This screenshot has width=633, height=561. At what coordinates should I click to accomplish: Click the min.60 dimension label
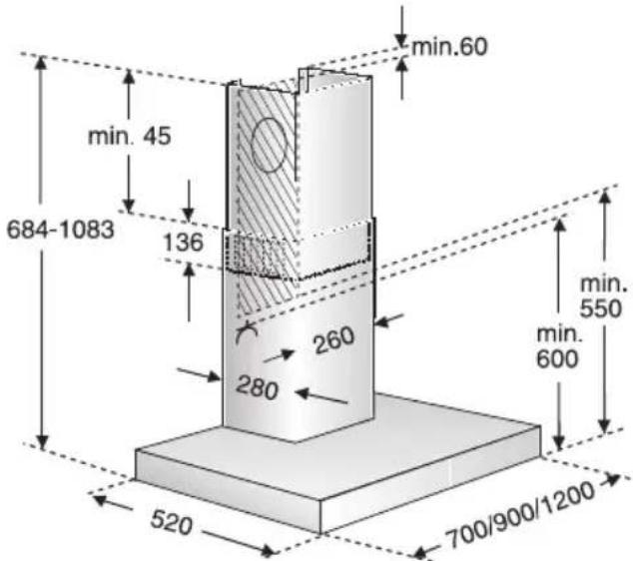[x=449, y=47]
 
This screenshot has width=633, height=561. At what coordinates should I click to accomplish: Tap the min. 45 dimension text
[x=130, y=136]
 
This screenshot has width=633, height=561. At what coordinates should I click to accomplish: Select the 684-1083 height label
[x=61, y=230]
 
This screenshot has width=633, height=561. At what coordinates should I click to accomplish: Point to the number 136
[x=183, y=243]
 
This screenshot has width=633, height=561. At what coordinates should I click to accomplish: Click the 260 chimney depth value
[x=334, y=340]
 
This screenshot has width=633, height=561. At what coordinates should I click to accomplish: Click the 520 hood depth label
[x=171, y=522]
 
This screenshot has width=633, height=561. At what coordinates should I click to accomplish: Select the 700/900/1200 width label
[x=520, y=515]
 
